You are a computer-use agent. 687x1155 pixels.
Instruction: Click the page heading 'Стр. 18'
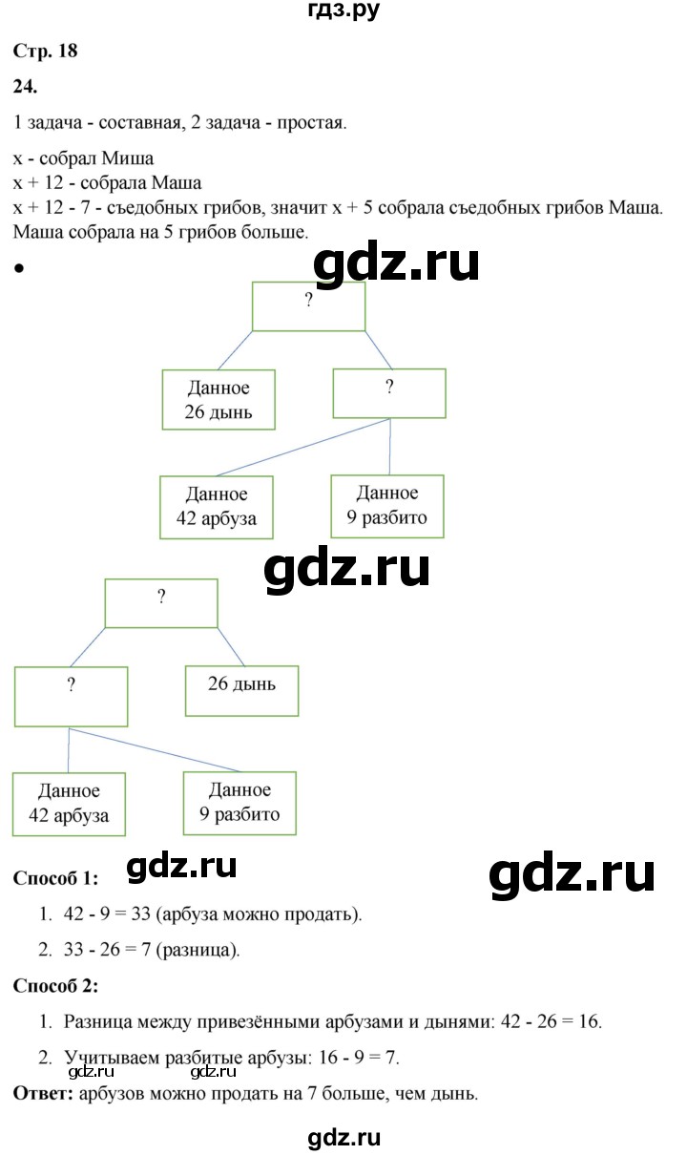pyautogui.click(x=46, y=51)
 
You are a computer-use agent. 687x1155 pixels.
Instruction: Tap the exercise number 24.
pyautogui.click(x=25, y=86)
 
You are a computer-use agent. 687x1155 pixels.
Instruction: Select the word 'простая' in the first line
pyautogui.click(x=312, y=123)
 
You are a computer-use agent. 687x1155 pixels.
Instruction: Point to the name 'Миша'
pyautogui.click(x=128, y=157)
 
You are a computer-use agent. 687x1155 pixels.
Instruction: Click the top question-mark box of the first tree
pyautogui.click(x=309, y=306)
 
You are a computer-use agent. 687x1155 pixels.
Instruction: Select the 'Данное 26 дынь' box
pyautogui.click(x=219, y=400)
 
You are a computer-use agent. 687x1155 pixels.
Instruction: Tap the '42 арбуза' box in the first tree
pyautogui.click(x=217, y=508)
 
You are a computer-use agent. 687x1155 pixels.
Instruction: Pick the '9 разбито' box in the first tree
pyautogui.click(x=387, y=506)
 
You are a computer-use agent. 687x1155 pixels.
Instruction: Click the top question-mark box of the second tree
pyautogui.click(x=161, y=603)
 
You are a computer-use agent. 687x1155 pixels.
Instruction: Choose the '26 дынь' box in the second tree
pyautogui.click(x=241, y=691)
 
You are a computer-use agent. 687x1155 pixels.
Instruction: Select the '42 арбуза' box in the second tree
pyautogui.click(x=69, y=804)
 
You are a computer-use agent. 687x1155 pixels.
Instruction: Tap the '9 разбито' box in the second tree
pyautogui.click(x=239, y=803)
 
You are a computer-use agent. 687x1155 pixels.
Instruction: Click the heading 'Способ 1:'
pyautogui.click(x=55, y=878)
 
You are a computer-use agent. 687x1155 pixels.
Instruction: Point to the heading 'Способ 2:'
pyautogui.click(x=55, y=986)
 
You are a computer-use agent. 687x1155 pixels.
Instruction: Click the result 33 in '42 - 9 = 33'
pyautogui.click(x=140, y=914)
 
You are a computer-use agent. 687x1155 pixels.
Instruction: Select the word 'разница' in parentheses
pyautogui.click(x=198, y=950)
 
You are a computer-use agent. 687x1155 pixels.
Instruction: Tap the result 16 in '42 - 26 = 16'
pyautogui.click(x=589, y=1021)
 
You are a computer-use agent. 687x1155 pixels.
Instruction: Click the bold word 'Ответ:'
pyautogui.click(x=43, y=1094)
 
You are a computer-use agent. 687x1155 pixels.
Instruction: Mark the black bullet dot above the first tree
pyautogui.click(x=20, y=268)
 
